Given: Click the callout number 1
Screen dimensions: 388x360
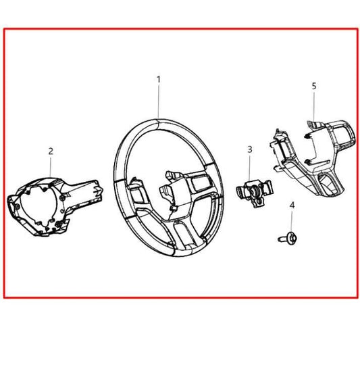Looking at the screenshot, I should pos(159,79).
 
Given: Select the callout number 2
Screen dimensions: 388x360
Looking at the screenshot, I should pos(50,151).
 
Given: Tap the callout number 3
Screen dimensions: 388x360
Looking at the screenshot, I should pos(249,149).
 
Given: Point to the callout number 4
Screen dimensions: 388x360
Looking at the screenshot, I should pos(292,205).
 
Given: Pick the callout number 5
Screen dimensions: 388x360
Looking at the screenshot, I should pos(313,87).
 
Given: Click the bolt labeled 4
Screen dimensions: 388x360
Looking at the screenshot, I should pos(284,237).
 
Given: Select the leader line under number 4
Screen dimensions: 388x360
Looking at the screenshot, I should pos(291,220).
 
